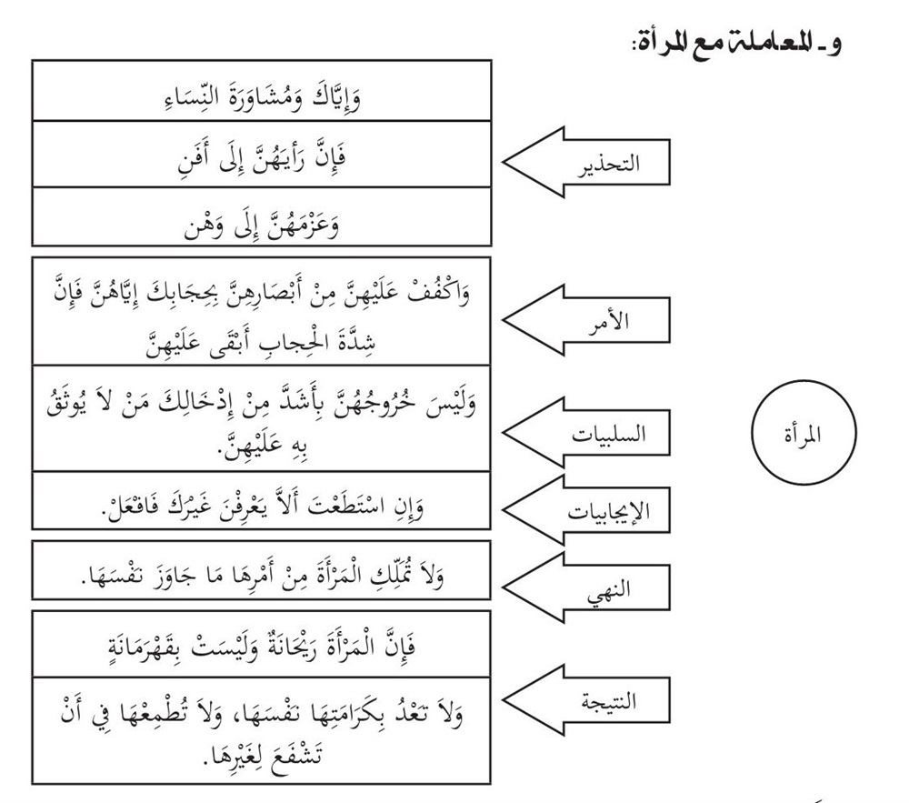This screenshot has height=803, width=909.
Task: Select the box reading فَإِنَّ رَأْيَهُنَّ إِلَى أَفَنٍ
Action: click(x=262, y=156)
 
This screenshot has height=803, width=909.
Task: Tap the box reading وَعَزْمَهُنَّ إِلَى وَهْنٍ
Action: click(x=262, y=218)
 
